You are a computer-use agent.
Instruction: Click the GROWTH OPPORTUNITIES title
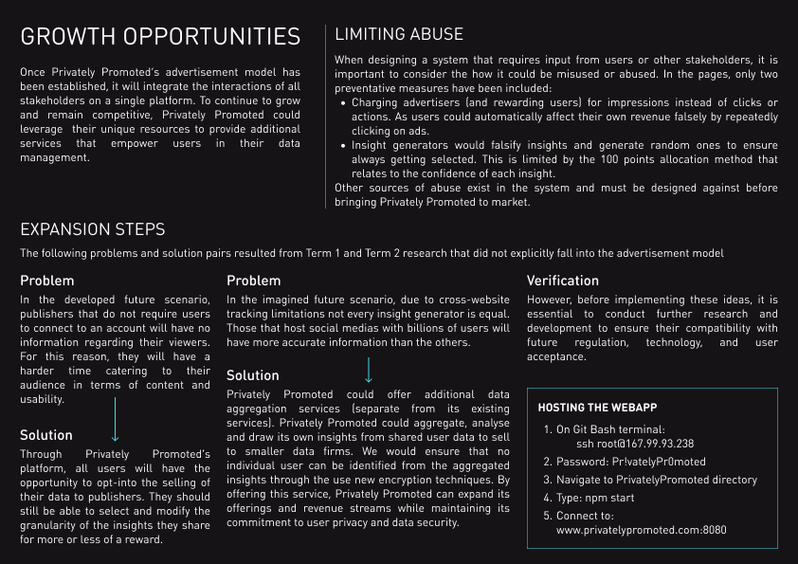[x=160, y=37]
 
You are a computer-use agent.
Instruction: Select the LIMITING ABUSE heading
[x=399, y=35]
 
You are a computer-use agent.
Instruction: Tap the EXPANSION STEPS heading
[x=92, y=229]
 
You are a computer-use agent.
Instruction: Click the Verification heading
[x=563, y=281]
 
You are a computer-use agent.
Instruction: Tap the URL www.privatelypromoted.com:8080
[x=642, y=531]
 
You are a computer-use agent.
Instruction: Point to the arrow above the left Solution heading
[x=115, y=420]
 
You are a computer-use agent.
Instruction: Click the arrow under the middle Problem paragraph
[x=368, y=369]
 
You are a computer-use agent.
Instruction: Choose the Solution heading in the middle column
[x=253, y=375]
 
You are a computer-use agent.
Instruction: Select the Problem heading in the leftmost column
[x=46, y=281]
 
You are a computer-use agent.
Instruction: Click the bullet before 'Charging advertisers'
[x=342, y=103]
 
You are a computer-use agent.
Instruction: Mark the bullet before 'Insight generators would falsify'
[x=342, y=146]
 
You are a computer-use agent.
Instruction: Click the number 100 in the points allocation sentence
[x=627, y=159]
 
